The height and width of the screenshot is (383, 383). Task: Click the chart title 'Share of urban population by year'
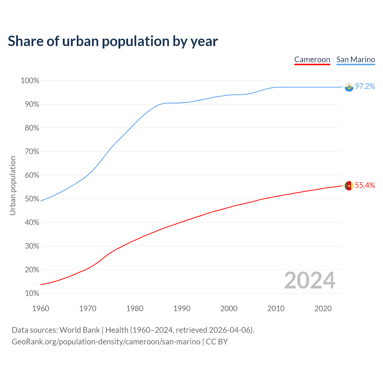(113, 41)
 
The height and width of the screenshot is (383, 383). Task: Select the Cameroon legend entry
(312, 60)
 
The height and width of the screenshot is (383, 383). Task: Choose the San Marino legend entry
(355, 60)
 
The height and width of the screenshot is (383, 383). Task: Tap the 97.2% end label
(365, 86)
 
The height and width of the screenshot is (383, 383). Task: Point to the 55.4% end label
(365, 186)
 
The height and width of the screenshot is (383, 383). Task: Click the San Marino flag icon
(349, 87)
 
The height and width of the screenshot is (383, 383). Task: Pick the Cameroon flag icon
(349, 186)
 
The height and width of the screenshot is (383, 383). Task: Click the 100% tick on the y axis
(30, 81)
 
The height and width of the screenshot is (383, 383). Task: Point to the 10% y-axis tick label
(32, 294)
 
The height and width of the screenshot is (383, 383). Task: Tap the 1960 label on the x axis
(41, 308)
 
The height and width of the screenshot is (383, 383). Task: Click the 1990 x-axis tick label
(182, 308)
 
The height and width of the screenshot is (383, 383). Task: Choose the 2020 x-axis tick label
(323, 308)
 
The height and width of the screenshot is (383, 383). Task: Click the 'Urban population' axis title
(13, 186)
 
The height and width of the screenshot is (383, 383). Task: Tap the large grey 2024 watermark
(310, 281)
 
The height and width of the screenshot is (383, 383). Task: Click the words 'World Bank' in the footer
(80, 330)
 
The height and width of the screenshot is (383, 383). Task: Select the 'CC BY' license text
(217, 342)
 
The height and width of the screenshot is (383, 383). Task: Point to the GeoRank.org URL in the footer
(106, 342)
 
